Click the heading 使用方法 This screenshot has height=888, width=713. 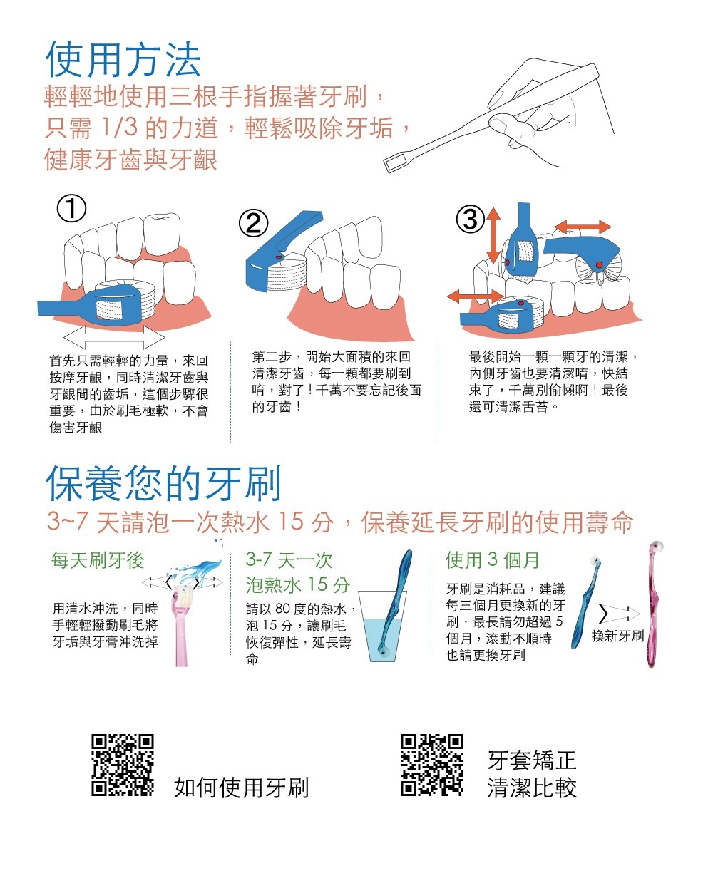tap(123, 59)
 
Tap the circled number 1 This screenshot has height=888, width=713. tap(71, 210)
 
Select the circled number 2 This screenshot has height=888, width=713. tap(254, 224)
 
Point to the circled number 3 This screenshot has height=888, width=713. tap(471, 219)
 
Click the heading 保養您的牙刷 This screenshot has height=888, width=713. tap(163, 484)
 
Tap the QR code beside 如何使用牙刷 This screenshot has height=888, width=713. tap(123, 765)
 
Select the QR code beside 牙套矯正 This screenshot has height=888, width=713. tap(432, 765)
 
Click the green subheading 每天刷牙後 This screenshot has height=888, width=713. tap(98, 560)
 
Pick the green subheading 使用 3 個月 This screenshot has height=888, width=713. tap(492, 560)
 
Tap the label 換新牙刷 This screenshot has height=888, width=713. tap(617, 636)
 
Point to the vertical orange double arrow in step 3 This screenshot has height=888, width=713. tap(493, 235)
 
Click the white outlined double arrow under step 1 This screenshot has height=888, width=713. tap(114, 336)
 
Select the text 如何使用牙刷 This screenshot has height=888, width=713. tap(242, 788)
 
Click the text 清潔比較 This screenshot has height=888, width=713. tap(532, 788)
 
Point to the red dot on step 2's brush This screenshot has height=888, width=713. tap(279, 257)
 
